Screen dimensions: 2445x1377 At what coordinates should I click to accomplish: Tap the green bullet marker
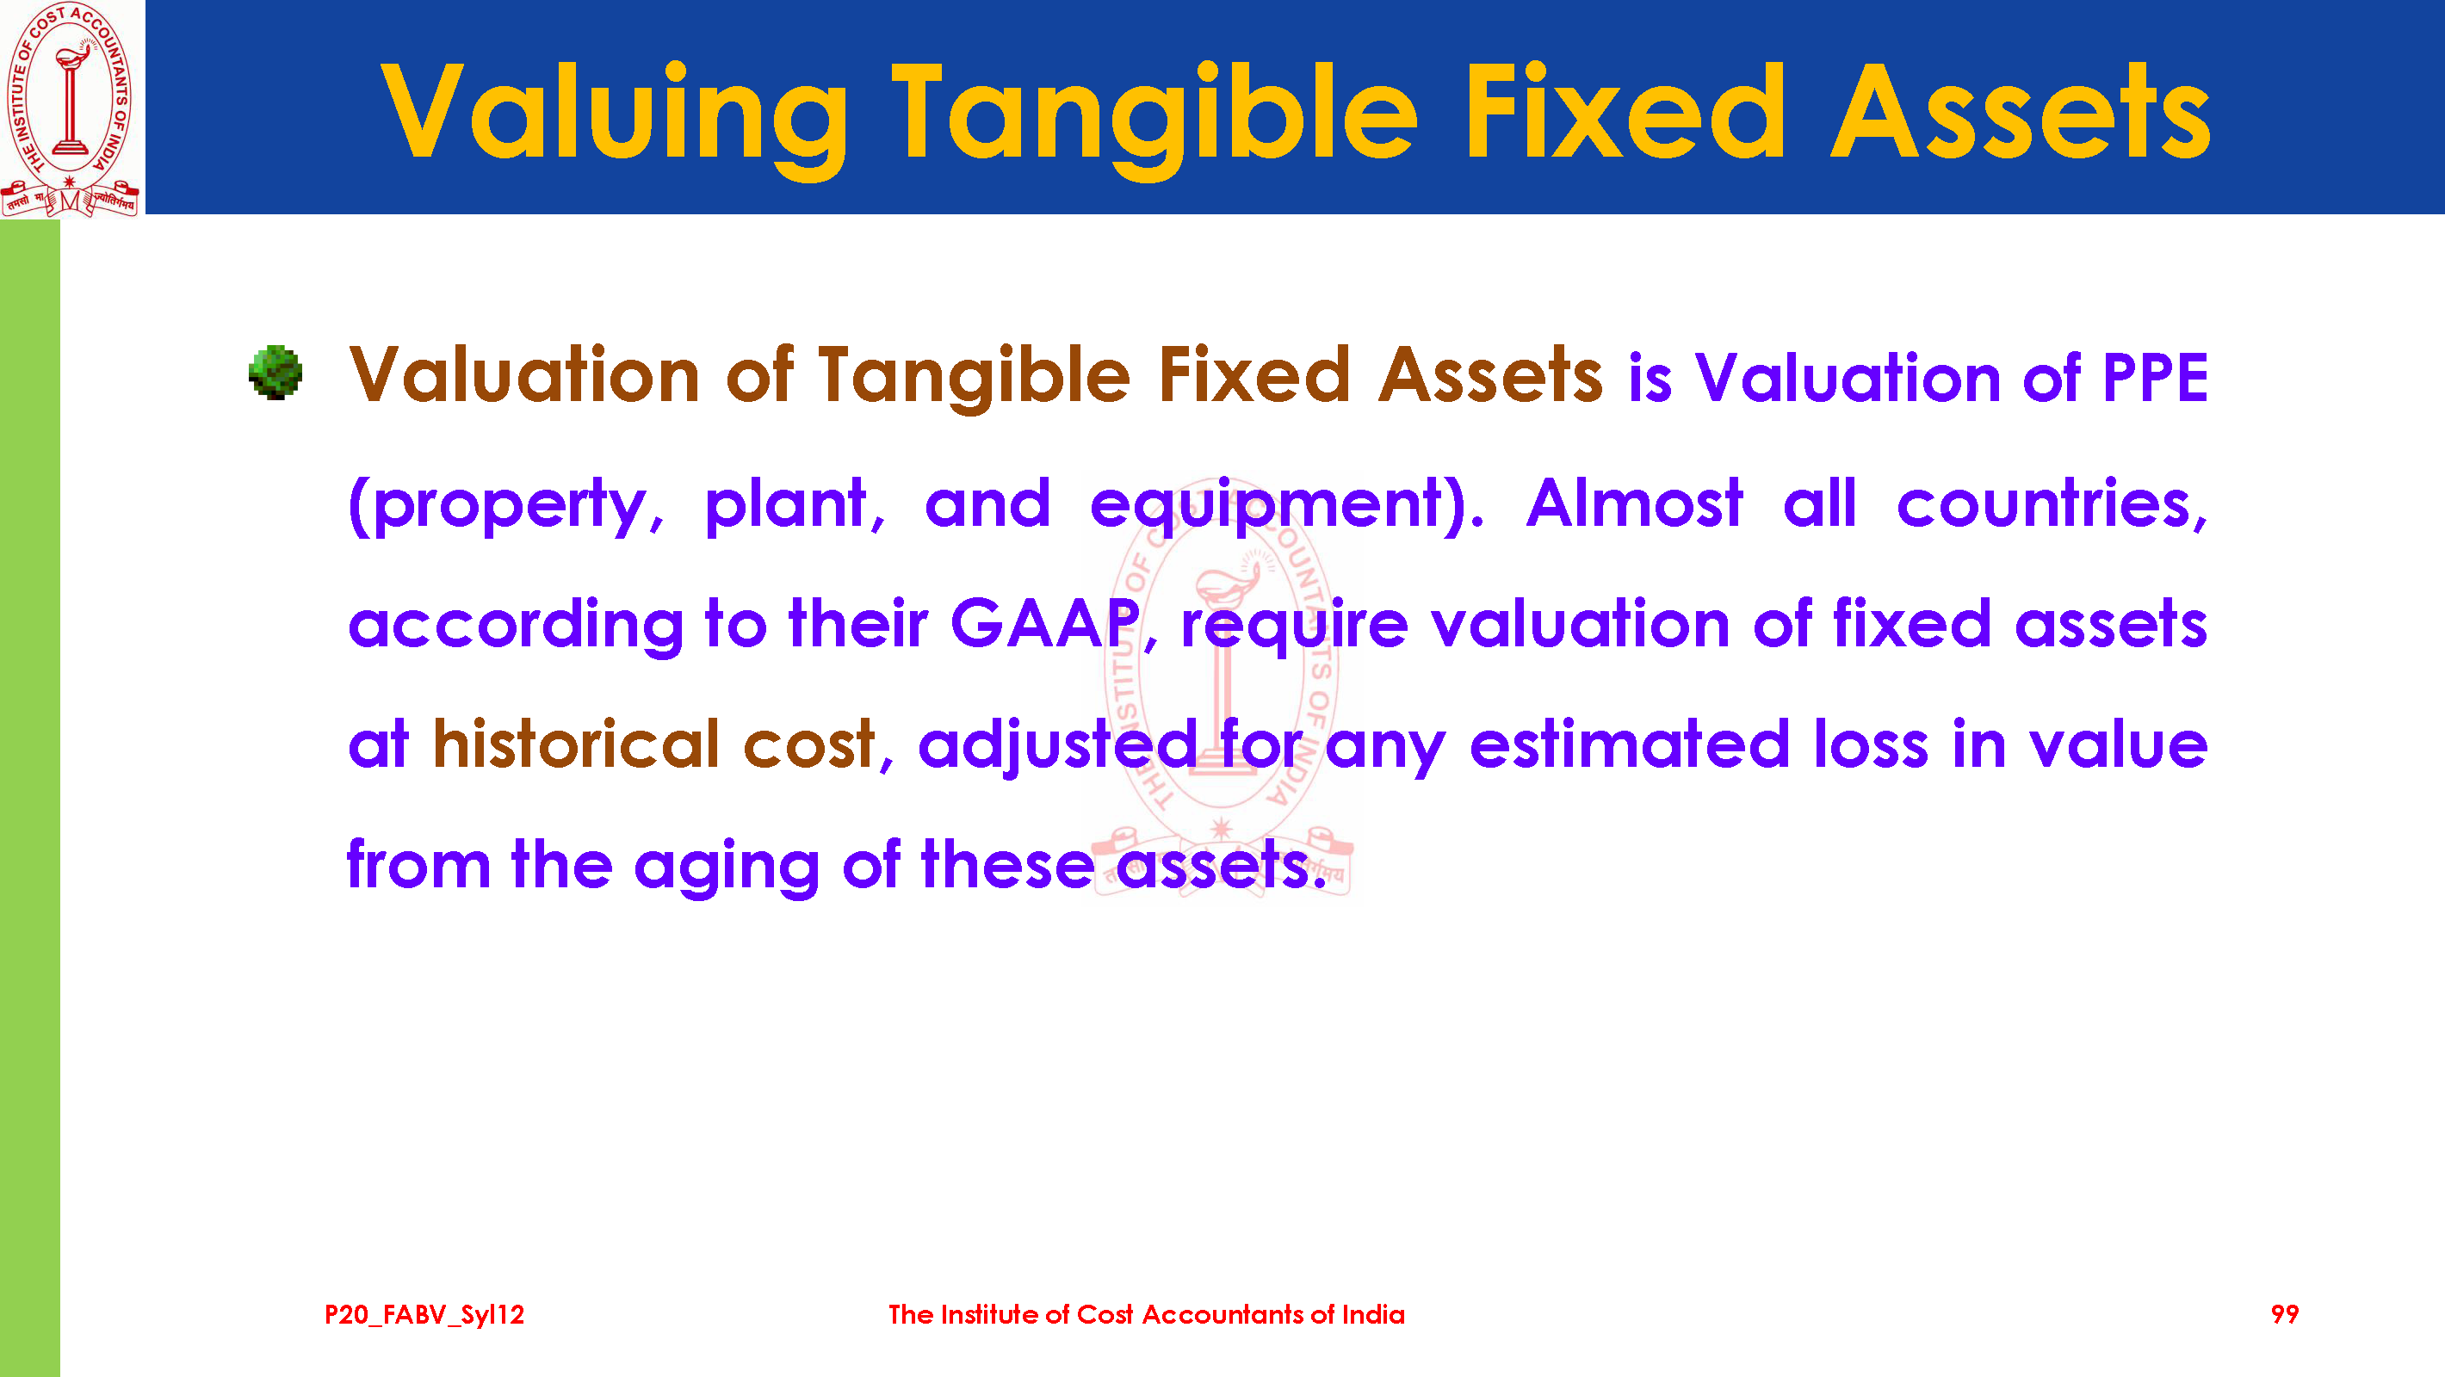click(x=275, y=372)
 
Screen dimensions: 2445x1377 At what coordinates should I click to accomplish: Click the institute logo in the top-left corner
click(x=71, y=109)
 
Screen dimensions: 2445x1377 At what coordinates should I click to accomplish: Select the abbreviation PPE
click(x=2156, y=378)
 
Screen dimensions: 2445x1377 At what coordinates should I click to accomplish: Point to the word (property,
click(x=507, y=505)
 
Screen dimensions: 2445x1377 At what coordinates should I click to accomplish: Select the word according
click(x=516, y=627)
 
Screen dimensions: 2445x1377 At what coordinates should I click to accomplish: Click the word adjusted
click(x=1057, y=746)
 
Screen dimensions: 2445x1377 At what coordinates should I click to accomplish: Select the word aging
click(x=726, y=868)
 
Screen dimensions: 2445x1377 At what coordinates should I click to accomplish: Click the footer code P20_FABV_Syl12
click(x=424, y=1315)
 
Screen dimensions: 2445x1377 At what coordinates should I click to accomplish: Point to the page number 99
click(x=2285, y=1314)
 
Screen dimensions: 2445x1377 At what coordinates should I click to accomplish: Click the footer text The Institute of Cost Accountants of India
click(x=1147, y=1314)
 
